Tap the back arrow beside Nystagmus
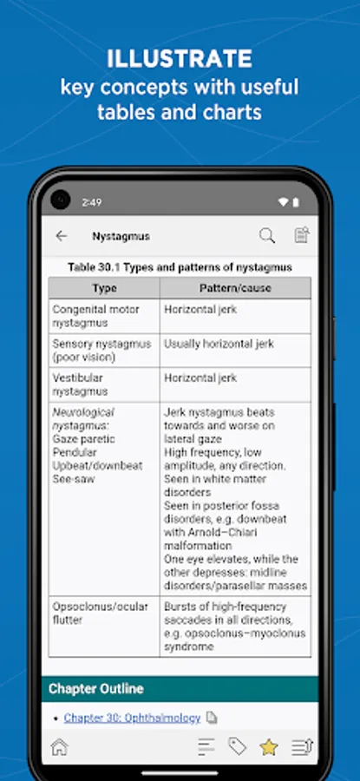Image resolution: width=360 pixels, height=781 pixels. click(61, 236)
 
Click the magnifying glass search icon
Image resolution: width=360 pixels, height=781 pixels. click(267, 235)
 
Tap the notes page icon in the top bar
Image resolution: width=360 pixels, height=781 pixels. click(301, 235)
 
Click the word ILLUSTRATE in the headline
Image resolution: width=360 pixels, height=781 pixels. click(180, 59)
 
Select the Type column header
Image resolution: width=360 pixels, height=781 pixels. click(104, 288)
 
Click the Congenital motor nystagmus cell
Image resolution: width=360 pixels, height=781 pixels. click(104, 316)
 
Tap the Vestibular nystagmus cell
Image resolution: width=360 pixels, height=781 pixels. click(104, 384)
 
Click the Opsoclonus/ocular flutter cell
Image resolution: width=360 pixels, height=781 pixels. click(104, 614)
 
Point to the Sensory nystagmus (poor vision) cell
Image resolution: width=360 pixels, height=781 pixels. click(104, 351)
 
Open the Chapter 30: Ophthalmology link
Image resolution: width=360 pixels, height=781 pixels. click(132, 718)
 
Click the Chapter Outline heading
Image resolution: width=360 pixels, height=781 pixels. click(96, 689)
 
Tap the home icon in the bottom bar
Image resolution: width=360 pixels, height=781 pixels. click(59, 746)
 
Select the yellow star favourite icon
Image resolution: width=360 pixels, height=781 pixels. click(269, 746)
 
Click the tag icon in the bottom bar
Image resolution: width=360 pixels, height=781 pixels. click(237, 746)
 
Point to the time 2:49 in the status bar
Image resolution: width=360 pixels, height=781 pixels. click(92, 202)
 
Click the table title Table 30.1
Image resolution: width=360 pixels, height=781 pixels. click(180, 267)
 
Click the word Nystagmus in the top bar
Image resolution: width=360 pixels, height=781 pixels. click(121, 236)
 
